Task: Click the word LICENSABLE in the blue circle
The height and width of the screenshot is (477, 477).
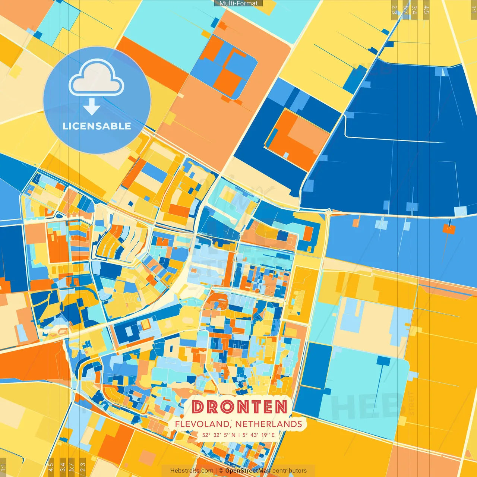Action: coord(97,126)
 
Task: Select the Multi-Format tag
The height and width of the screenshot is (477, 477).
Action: coord(238,3)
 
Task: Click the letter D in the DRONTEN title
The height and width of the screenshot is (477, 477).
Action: coord(199,407)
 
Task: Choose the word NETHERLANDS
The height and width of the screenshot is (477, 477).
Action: coord(268,424)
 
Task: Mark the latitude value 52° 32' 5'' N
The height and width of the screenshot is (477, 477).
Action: coord(219,435)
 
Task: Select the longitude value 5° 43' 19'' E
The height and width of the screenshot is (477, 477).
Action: coord(258,435)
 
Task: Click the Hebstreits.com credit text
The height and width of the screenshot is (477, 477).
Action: coord(192,471)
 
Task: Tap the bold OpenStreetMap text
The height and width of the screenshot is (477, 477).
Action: coord(248,471)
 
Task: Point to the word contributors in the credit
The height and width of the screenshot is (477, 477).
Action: coord(290,471)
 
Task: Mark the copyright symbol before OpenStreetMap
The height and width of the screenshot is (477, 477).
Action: coord(221,471)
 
